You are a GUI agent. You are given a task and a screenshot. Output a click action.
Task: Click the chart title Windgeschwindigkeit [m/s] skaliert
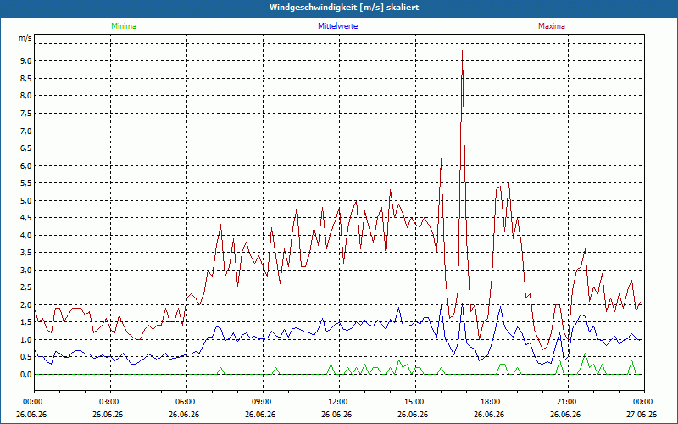344,8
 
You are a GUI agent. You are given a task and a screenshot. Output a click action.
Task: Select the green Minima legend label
124,26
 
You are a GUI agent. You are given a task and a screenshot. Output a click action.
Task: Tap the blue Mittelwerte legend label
337,26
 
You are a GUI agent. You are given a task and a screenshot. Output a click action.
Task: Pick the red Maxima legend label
552,26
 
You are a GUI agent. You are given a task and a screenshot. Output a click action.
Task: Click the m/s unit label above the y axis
25,38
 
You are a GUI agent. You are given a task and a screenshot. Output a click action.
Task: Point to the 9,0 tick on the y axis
25,61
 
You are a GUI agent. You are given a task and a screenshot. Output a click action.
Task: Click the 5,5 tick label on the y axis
25,183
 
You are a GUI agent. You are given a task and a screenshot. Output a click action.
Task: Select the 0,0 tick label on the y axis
25,375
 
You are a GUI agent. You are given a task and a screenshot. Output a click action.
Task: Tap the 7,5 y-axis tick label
25,114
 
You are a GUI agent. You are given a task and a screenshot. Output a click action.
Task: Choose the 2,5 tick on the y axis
25,287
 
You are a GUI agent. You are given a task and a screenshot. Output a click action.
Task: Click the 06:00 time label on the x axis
186,402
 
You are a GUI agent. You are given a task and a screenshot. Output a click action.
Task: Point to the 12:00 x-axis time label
339,402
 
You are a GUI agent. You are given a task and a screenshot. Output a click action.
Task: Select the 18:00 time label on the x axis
492,402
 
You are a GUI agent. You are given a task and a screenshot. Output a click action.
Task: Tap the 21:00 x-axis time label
568,402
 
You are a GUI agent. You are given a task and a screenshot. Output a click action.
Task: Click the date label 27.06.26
642,415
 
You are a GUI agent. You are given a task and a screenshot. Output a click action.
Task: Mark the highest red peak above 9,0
462,51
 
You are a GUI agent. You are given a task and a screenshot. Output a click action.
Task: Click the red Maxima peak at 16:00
441,159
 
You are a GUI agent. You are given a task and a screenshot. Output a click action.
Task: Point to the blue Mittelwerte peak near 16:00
441,304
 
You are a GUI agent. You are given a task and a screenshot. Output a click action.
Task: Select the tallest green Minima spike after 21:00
585,354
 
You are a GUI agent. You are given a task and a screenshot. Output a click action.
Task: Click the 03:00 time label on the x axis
110,402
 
